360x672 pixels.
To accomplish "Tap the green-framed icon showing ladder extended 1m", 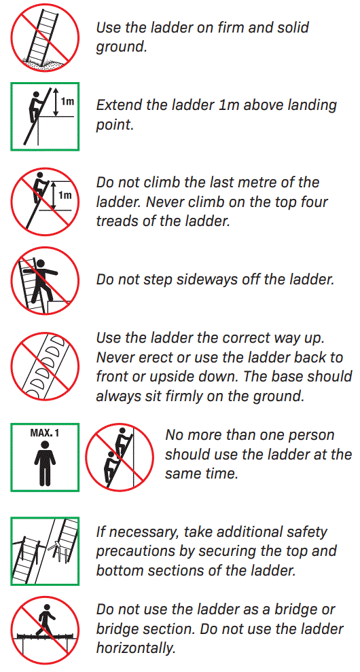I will click(x=45, y=116).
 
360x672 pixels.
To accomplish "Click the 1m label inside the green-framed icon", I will click(x=67, y=102).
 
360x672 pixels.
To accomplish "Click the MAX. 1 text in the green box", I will click(x=45, y=432).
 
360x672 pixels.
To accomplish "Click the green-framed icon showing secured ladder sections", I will click(x=45, y=551).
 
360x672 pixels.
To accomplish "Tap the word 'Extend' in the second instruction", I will click(x=120, y=105).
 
